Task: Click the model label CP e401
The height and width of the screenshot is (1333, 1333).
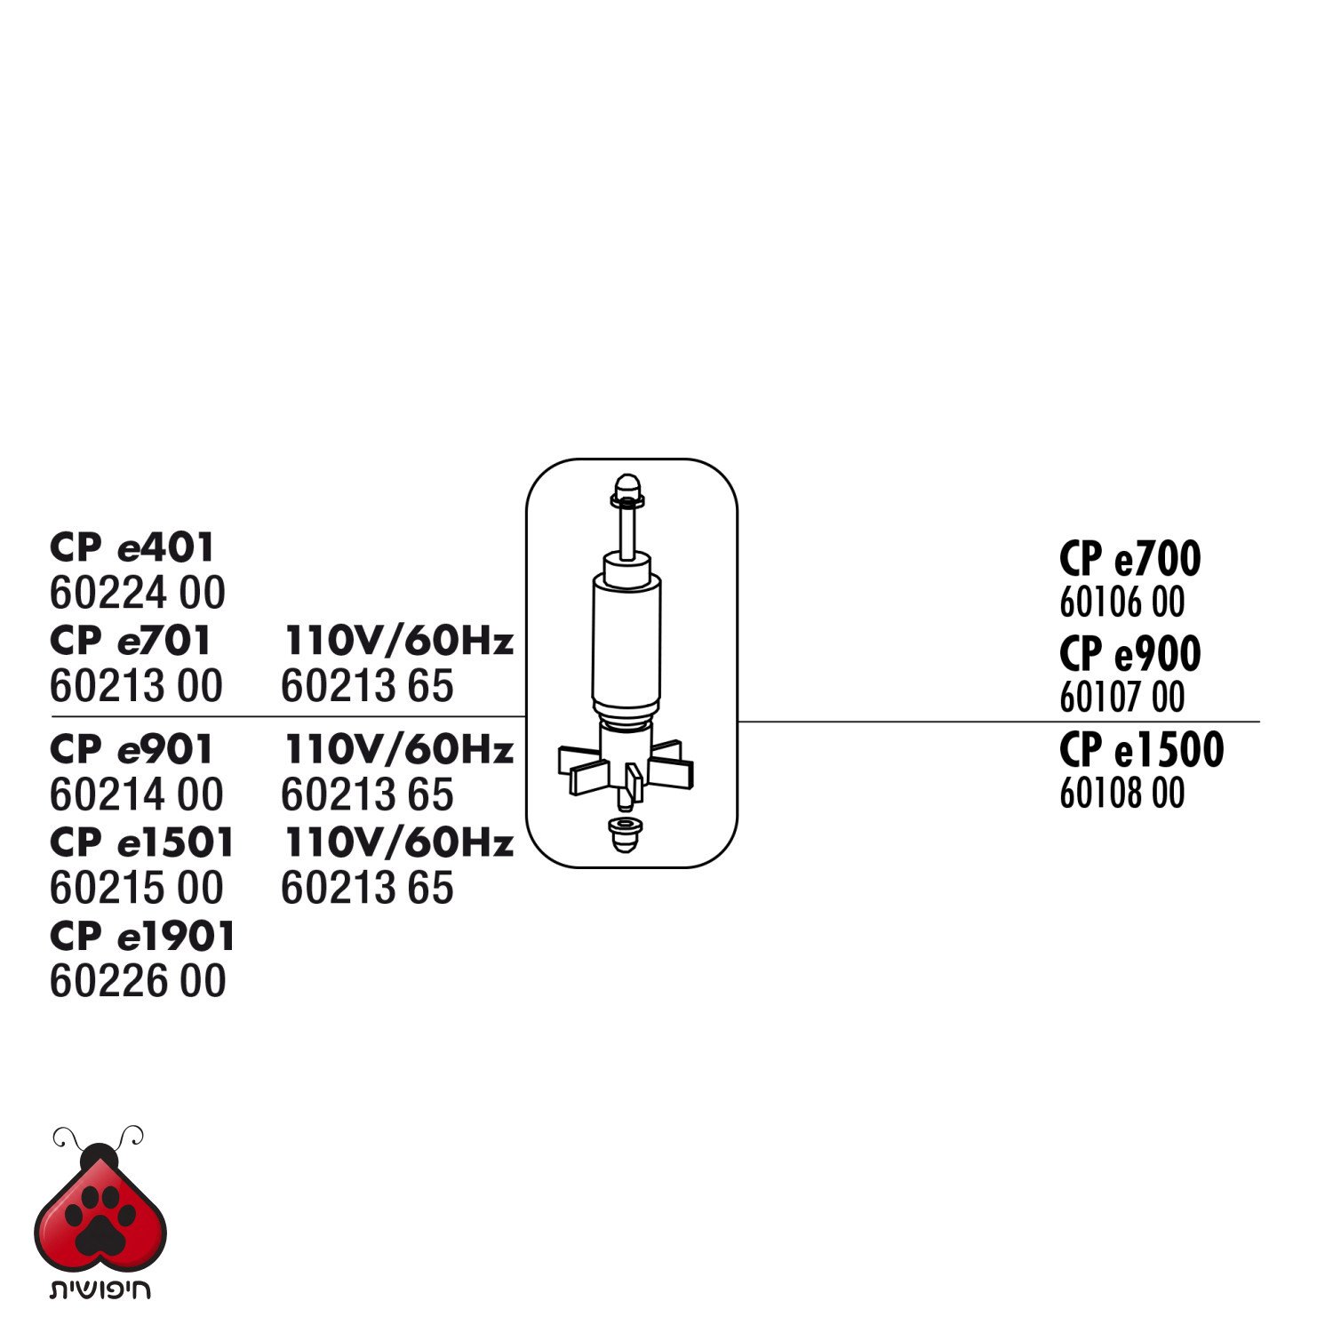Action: point(132,547)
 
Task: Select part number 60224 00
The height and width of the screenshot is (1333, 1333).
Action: point(138,593)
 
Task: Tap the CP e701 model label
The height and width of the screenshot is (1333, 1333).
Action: point(131,640)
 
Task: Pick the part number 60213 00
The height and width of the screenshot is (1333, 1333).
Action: point(136,686)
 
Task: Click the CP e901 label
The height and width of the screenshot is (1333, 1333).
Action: point(132,749)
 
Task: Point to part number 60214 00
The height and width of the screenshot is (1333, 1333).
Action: point(137,794)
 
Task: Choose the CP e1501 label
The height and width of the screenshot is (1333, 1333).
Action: point(142,842)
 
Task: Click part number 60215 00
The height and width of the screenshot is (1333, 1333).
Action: point(137,888)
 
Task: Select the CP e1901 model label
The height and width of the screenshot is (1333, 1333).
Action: point(143,936)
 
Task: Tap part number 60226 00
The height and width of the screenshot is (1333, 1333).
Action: point(138,981)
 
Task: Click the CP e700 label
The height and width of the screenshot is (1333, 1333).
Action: point(1129,559)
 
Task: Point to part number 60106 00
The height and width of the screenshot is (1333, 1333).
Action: point(1122,603)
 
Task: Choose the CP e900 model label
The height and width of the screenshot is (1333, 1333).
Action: point(1129,654)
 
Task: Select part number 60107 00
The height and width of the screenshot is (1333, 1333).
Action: point(1122,698)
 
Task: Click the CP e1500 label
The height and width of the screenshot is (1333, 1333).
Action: point(1141,749)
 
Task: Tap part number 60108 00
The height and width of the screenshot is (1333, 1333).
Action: point(1122,793)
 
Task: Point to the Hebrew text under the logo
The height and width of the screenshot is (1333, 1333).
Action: point(100,1289)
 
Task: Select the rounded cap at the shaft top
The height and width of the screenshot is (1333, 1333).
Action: point(627,490)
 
